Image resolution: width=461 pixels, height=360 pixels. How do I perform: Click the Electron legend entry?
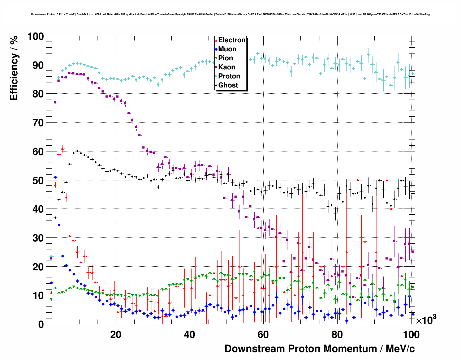(x=232, y=40)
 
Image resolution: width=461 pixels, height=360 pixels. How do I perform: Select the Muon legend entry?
(x=227, y=49)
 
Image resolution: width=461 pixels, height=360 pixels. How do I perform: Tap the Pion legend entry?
(x=225, y=58)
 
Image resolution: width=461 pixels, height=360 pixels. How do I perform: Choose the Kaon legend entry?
(x=227, y=67)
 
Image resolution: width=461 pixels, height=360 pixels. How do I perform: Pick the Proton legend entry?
(x=229, y=76)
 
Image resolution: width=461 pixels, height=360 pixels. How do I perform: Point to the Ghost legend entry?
(x=228, y=85)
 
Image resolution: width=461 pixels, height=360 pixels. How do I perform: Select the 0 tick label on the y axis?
(x=41, y=324)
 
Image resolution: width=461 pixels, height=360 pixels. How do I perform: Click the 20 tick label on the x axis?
(x=116, y=335)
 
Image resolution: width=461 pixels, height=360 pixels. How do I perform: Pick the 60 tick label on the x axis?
(x=263, y=335)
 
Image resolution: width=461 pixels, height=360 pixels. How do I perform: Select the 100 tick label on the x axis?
(x=411, y=335)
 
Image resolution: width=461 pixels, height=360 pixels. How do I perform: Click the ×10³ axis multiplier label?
(x=426, y=320)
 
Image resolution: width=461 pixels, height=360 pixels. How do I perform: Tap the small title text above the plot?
(x=230, y=14)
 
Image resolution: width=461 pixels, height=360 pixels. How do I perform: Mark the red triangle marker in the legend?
(x=216, y=40)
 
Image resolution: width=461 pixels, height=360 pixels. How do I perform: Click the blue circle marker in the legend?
(x=216, y=50)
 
